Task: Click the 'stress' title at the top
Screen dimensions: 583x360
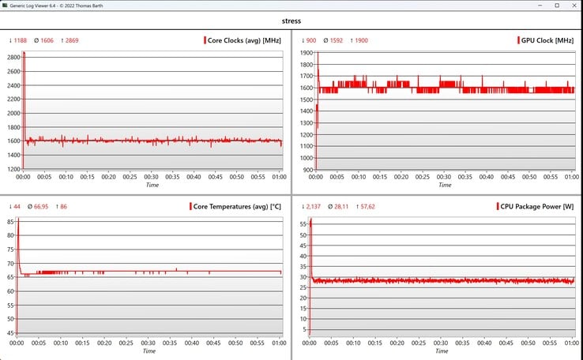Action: tap(291, 21)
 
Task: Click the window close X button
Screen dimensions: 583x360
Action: tap(574, 6)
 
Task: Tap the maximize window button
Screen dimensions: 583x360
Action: tap(557, 6)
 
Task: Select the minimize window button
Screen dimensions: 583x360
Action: tap(540, 6)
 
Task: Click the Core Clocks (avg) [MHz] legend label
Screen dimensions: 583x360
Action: tap(244, 40)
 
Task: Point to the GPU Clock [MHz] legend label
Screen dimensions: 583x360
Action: tap(547, 40)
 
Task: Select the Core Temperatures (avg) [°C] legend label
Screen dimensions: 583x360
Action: tap(237, 207)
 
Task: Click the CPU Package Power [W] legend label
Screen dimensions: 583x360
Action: tap(537, 207)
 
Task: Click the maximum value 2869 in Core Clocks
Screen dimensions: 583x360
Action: tap(72, 40)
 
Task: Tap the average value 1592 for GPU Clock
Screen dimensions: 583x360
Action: tap(336, 40)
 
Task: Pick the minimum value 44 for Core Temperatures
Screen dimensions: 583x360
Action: tap(17, 207)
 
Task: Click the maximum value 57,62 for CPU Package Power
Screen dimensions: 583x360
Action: tap(367, 207)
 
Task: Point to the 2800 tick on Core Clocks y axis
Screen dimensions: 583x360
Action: tap(13, 57)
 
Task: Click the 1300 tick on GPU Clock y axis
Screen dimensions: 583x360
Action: tap(307, 123)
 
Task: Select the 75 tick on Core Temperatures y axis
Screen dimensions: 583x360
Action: tap(10, 249)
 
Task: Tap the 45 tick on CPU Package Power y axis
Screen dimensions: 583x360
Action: tap(303, 256)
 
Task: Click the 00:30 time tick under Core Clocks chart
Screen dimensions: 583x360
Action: tap(151, 177)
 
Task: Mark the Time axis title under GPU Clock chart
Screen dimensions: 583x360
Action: tap(445, 185)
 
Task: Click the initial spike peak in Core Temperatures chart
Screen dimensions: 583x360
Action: tap(18, 219)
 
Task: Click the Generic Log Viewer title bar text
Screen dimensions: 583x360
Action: tap(56, 6)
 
